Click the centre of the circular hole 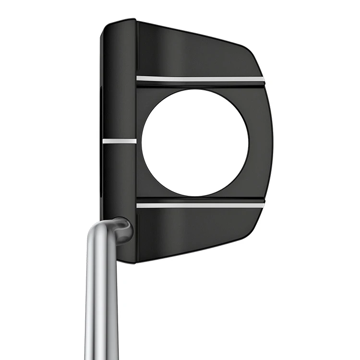click(195, 143)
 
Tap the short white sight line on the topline click(119, 141)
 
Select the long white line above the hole click(200, 78)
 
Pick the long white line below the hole click(200, 205)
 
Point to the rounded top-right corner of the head click(252, 52)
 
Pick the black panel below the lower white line click(197, 233)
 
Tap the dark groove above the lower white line click(200, 199)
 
